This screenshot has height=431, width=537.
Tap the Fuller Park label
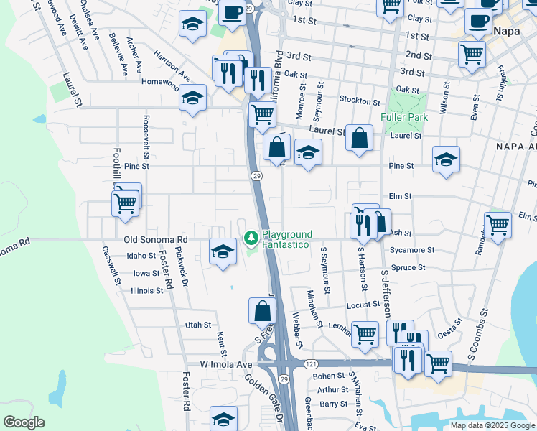tap(406, 117)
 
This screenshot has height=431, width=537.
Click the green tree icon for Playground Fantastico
tap(251, 236)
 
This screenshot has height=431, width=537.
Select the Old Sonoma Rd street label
tap(155, 239)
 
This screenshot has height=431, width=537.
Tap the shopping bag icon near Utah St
tap(262, 311)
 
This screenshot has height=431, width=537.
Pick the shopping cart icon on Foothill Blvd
tap(125, 203)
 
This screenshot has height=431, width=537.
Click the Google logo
tap(24, 422)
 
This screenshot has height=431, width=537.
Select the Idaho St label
tap(141, 256)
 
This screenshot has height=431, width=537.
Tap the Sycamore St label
tap(412, 250)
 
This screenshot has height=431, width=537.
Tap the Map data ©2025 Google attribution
tap(492, 425)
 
